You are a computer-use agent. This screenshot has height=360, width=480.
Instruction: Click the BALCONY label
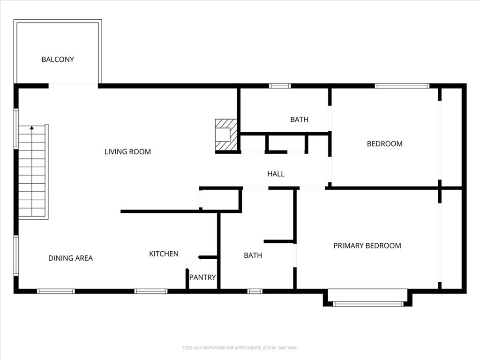point(58,60)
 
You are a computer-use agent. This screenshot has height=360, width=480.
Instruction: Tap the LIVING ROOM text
point(127,152)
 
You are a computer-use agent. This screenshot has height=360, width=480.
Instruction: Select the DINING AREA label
point(70,258)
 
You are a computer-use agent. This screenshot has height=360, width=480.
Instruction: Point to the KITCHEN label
point(164,254)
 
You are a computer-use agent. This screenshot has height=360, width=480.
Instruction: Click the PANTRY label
point(202,277)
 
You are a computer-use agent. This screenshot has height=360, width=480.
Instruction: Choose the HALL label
point(276,174)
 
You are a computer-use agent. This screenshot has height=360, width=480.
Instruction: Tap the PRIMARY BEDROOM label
point(367,246)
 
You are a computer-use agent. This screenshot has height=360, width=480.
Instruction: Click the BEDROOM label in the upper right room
point(384,144)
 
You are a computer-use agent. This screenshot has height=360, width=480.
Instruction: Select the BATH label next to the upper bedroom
point(299,120)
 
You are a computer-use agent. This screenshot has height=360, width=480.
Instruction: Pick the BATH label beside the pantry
point(253,255)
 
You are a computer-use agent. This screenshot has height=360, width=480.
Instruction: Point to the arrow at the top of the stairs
point(32,127)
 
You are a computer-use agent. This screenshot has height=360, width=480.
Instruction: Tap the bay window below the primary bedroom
point(368,304)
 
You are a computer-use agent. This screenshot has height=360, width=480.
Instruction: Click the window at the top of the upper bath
point(280,86)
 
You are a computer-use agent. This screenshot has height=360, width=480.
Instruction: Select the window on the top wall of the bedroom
point(402,86)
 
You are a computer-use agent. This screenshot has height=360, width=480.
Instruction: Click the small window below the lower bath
point(255,291)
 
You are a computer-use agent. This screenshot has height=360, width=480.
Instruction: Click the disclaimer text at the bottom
point(240,348)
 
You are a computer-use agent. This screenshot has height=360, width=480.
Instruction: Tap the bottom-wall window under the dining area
point(56,291)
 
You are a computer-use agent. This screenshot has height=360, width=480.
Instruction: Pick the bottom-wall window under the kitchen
point(150,291)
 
